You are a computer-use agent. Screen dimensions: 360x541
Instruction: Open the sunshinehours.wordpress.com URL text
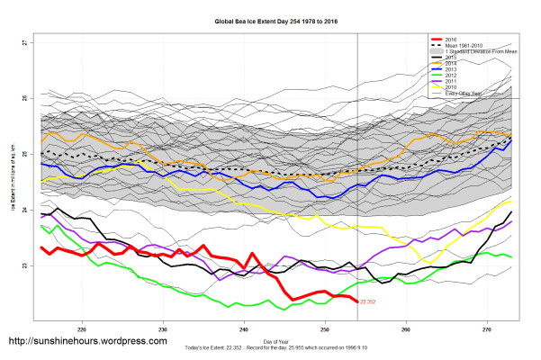click(x=87, y=342)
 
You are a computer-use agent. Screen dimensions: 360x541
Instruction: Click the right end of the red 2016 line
click(x=357, y=301)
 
